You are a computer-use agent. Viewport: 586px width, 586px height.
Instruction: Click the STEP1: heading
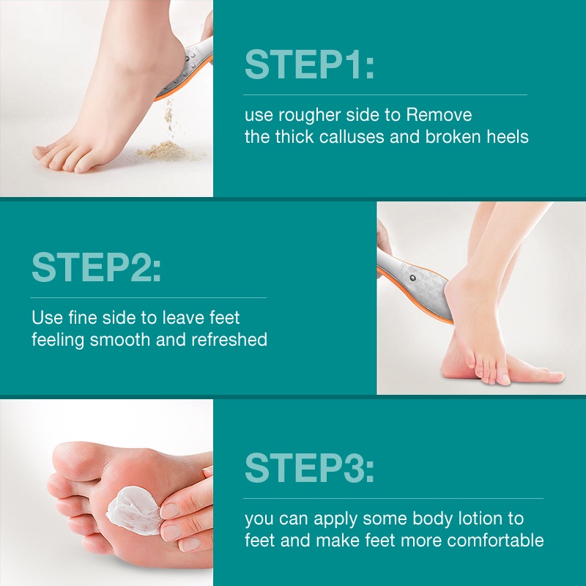click(x=309, y=64)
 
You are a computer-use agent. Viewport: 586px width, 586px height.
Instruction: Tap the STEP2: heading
click(x=97, y=267)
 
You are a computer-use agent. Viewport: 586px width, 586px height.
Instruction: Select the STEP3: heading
click(x=309, y=468)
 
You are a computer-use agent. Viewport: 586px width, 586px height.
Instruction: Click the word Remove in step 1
click(x=439, y=115)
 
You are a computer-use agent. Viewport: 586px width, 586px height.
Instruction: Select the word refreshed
click(x=229, y=339)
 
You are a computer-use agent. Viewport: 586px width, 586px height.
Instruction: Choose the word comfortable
click(x=495, y=541)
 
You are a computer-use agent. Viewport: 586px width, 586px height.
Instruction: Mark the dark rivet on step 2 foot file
click(x=412, y=278)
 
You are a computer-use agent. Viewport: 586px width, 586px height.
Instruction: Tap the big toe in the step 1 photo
click(x=45, y=152)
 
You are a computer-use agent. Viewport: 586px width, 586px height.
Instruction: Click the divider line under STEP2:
click(x=149, y=298)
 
